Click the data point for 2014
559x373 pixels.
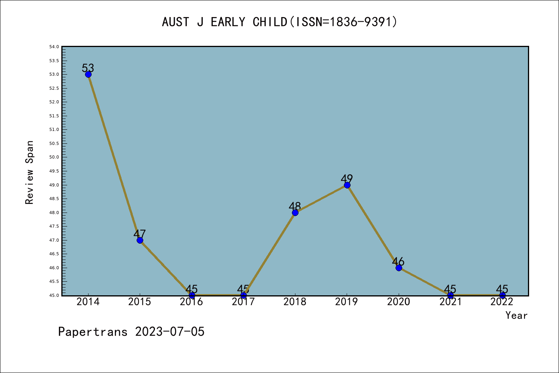(x=88, y=75)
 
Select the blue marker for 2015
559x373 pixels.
(x=140, y=241)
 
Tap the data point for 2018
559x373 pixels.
(x=295, y=213)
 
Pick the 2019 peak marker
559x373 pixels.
(x=347, y=185)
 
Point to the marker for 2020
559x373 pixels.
(x=399, y=268)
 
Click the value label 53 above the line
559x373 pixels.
(x=88, y=68)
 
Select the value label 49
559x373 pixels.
(x=347, y=179)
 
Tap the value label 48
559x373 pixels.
(x=295, y=206)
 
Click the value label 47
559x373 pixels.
(x=139, y=234)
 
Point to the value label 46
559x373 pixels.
(x=398, y=261)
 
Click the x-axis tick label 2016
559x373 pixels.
(x=191, y=302)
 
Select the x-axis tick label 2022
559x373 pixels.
(x=502, y=302)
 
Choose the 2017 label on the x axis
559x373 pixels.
(x=243, y=302)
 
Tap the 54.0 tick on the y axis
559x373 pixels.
(x=54, y=47)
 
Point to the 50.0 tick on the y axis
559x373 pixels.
(x=54, y=157)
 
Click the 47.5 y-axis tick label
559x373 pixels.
(x=54, y=227)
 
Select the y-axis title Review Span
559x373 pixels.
(x=30, y=173)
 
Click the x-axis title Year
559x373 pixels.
(x=517, y=315)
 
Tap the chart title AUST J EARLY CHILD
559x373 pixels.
(x=225, y=22)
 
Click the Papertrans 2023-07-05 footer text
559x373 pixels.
(x=131, y=332)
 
